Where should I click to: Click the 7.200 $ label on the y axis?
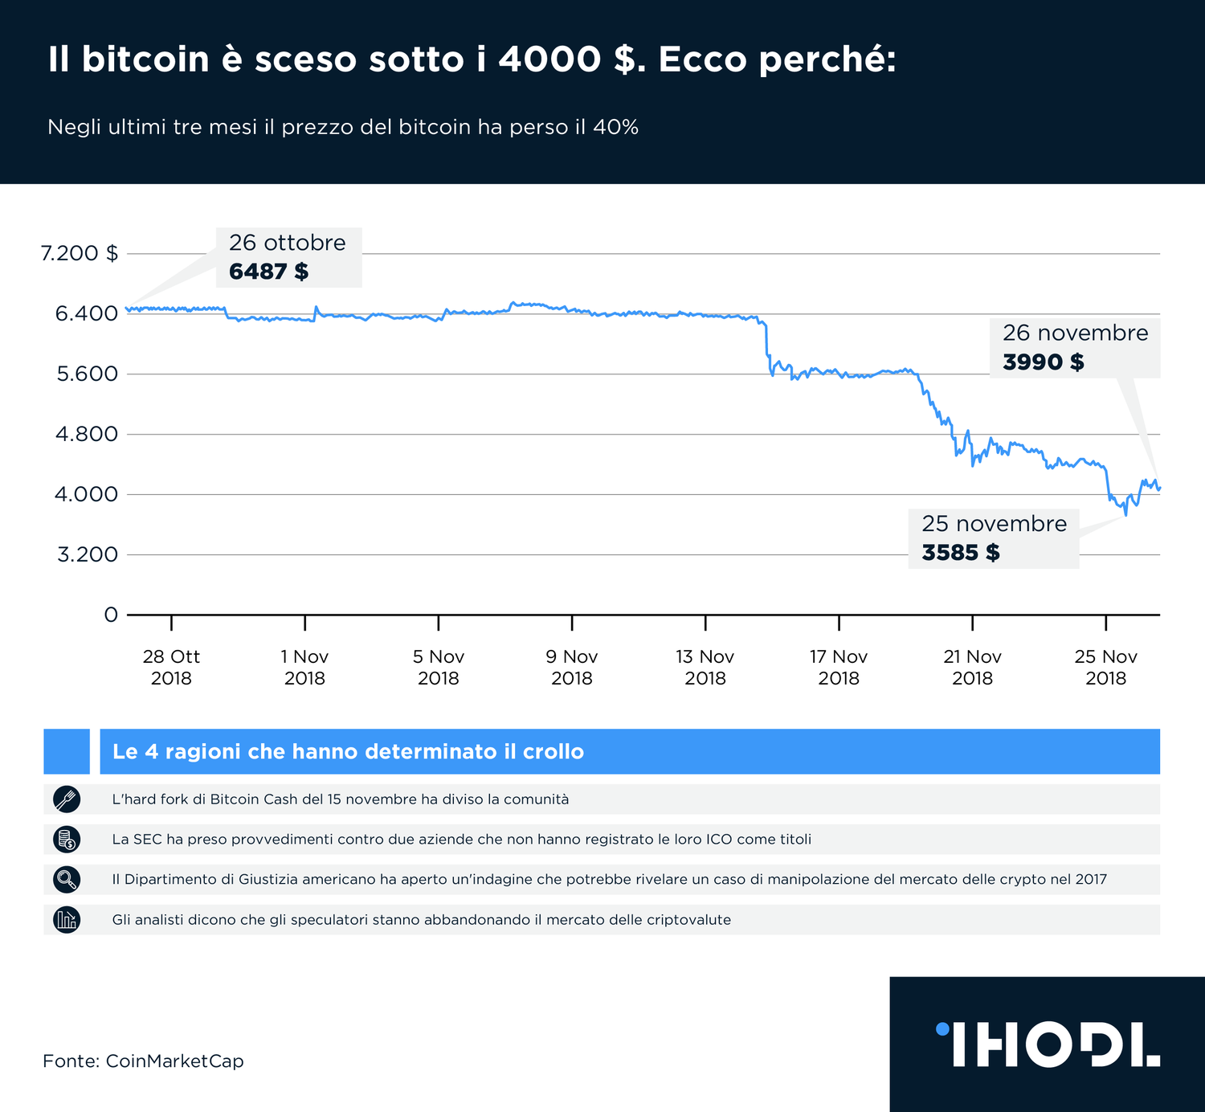click(x=80, y=253)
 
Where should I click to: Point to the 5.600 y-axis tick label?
click(x=87, y=374)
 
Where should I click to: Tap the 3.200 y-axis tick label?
click(x=88, y=554)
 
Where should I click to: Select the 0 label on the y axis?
click(x=111, y=615)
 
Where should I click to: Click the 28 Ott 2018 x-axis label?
click(x=171, y=667)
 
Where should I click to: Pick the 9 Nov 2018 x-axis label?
click(x=572, y=667)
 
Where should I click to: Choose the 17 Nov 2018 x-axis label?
click(x=839, y=667)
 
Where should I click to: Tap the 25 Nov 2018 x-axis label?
click(x=1105, y=667)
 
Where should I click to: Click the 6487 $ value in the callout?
click(x=268, y=272)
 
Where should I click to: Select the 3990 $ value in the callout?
click(x=1043, y=362)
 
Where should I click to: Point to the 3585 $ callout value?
click(x=961, y=553)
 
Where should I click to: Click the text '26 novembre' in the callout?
click(x=1075, y=333)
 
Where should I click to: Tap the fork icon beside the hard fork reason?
click(x=67, y=799)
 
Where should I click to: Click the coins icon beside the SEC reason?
click(x=67, y=839)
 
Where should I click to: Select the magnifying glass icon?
click(x=67, y=879)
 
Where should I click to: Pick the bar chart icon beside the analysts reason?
click(x=67, y=919)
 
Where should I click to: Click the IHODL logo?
click(x=1048, y=1044)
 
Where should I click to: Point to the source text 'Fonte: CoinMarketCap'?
click(x=143, y=1061)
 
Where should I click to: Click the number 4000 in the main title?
click(x=549, y=59)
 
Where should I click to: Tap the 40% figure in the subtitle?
click(x=615, y=127)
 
